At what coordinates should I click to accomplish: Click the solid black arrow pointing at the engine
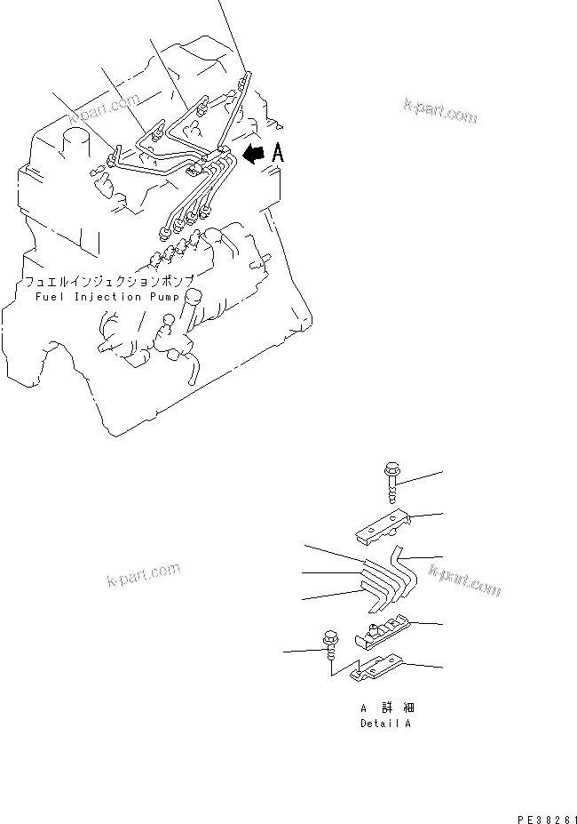[255, 154]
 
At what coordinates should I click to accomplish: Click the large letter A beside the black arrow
[278, 153]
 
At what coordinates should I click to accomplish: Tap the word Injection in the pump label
[107, 298]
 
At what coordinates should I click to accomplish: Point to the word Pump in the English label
[164, 298]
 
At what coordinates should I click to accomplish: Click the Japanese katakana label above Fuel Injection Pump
[109, 282]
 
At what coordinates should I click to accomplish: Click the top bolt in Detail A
[391, 482]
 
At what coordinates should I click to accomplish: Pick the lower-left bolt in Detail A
[331, 644]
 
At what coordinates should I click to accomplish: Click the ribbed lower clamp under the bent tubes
[383, 632]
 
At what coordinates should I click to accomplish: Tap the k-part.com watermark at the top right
[440, 111]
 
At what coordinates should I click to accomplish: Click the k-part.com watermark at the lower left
[143, 574]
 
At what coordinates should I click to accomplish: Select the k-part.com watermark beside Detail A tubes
[464, 580]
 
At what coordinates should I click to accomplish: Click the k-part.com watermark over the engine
[104, 108]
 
